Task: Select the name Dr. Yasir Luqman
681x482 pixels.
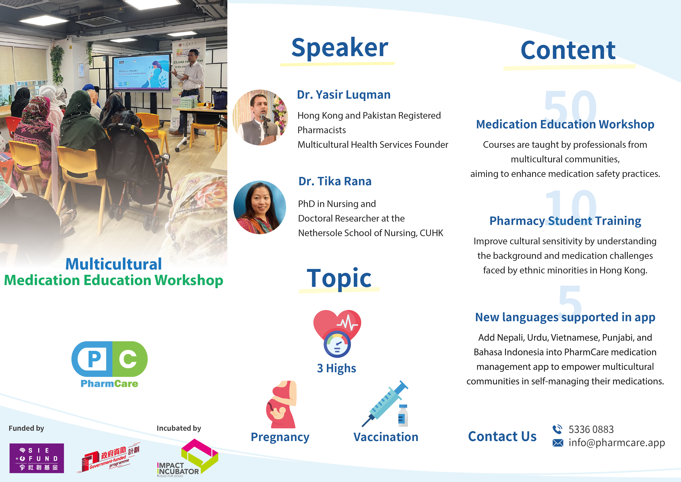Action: coord(344,95)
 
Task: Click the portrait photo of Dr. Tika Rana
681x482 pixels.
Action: coord(260,207)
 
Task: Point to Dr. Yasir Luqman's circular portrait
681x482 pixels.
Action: coord(260,117)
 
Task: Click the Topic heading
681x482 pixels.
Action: coord(339,278)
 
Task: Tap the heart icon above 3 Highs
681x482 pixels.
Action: coord(337,333)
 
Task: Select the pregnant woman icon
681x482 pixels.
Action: coord(281,404)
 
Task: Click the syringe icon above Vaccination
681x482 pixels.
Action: coord(385,404)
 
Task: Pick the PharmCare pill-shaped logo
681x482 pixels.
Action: coord(109,359)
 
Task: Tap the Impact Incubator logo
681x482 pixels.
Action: coord(187,458)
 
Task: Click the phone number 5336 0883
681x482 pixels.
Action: coord(591,429)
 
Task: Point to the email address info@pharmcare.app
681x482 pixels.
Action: coord(617,443)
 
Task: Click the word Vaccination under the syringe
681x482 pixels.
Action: coord(386,437)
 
